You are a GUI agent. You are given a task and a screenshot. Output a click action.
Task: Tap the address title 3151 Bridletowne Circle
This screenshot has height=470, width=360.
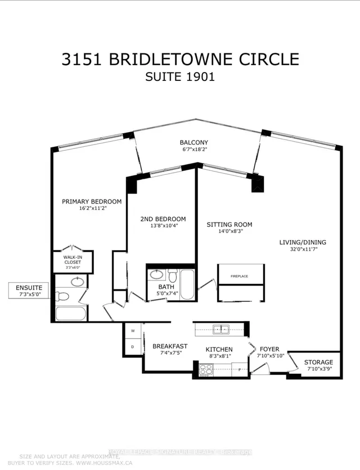tap(179, 59)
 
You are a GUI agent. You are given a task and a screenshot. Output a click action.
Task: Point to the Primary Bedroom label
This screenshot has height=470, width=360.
tap(92, 202)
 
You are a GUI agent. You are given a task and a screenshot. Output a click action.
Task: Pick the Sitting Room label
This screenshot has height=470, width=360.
tap(229, 225)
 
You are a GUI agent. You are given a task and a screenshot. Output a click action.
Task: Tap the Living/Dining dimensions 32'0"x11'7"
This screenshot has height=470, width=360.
tap(303, 251)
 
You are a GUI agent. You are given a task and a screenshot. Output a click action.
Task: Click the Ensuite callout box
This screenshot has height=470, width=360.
tap(29, 291)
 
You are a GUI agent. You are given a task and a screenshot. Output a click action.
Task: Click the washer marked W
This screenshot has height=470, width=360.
tap(133, 331)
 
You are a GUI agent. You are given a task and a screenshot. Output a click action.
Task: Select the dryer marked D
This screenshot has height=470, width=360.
tap(133, 346)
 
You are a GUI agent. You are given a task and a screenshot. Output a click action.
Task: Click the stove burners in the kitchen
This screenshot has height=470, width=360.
tap(206, 369)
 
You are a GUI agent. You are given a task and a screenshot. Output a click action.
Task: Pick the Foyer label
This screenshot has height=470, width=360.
tap(268, 349)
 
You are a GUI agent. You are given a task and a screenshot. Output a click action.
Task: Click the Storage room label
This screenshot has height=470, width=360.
tap(318, 362)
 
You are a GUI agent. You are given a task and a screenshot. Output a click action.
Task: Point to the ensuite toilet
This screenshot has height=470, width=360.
tap(63, 296)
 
